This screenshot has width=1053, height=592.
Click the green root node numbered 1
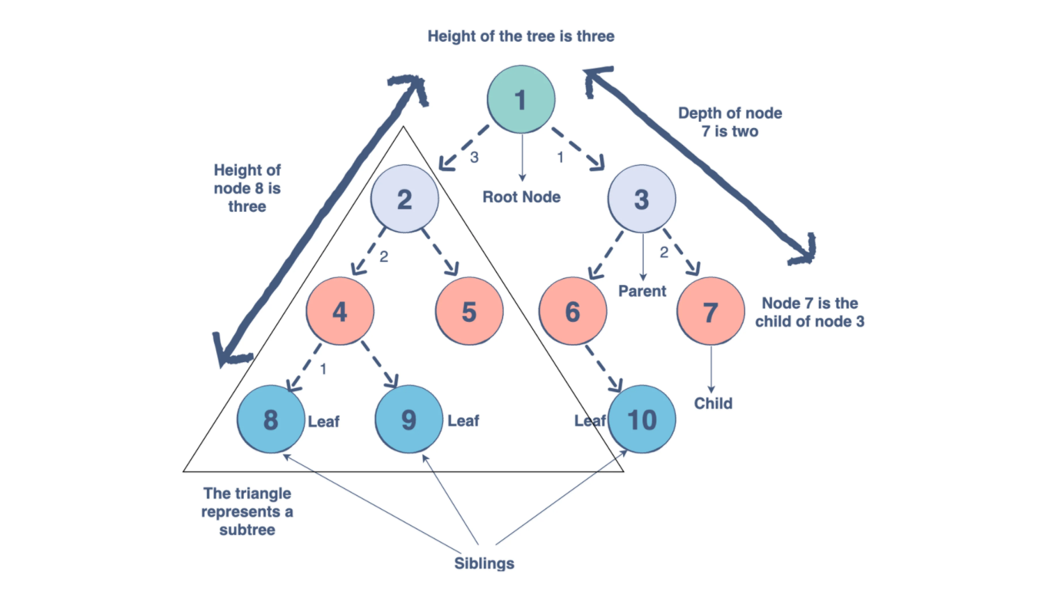pos(521,100)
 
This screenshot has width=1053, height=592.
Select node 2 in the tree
pos(404,199)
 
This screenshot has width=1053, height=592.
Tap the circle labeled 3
pos(641,199)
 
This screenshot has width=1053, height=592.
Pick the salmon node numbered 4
pos(340,311)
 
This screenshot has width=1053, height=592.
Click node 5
pos(469,311)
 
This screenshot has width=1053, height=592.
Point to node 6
pos(572,311)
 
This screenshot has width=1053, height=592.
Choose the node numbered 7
pos(710,311)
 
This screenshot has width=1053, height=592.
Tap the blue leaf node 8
pos(270,419)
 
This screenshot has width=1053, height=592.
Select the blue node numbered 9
pos(408,419)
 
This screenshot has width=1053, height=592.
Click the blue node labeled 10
pos(642,419)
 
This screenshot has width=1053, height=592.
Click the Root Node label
pos(521,197)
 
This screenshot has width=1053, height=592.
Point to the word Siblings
pos(484,563)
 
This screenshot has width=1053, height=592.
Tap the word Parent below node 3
pos(642,291)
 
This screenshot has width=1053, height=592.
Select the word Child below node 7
pos(713,403)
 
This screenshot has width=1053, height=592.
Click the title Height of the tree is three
pos(521,36)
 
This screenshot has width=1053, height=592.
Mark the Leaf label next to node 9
pos(463,421)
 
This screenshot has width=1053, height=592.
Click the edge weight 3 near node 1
pos(475,157)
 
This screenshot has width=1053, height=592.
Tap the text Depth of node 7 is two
pos(730,122)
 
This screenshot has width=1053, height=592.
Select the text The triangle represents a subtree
pos(247,511)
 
